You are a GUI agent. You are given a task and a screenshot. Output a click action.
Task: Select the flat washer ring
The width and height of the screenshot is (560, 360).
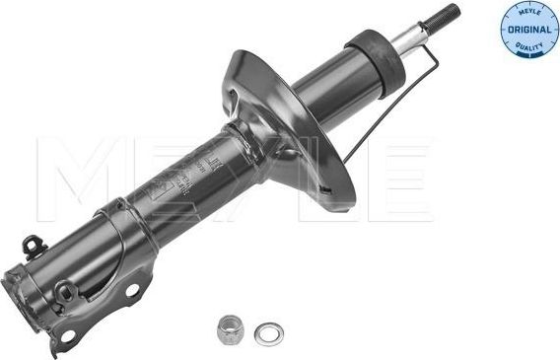click(265, 333)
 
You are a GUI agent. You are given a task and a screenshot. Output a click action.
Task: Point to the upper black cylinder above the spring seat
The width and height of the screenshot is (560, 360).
click(335, 83)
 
